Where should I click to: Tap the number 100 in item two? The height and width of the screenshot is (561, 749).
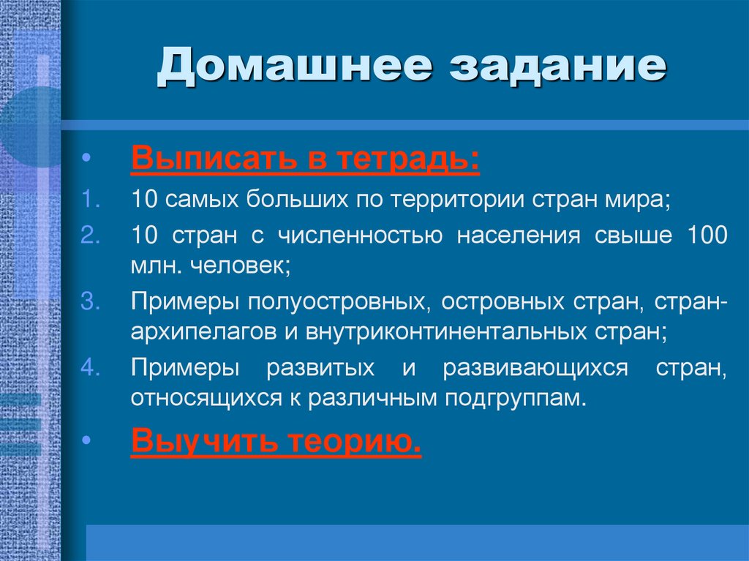[707, 236]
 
